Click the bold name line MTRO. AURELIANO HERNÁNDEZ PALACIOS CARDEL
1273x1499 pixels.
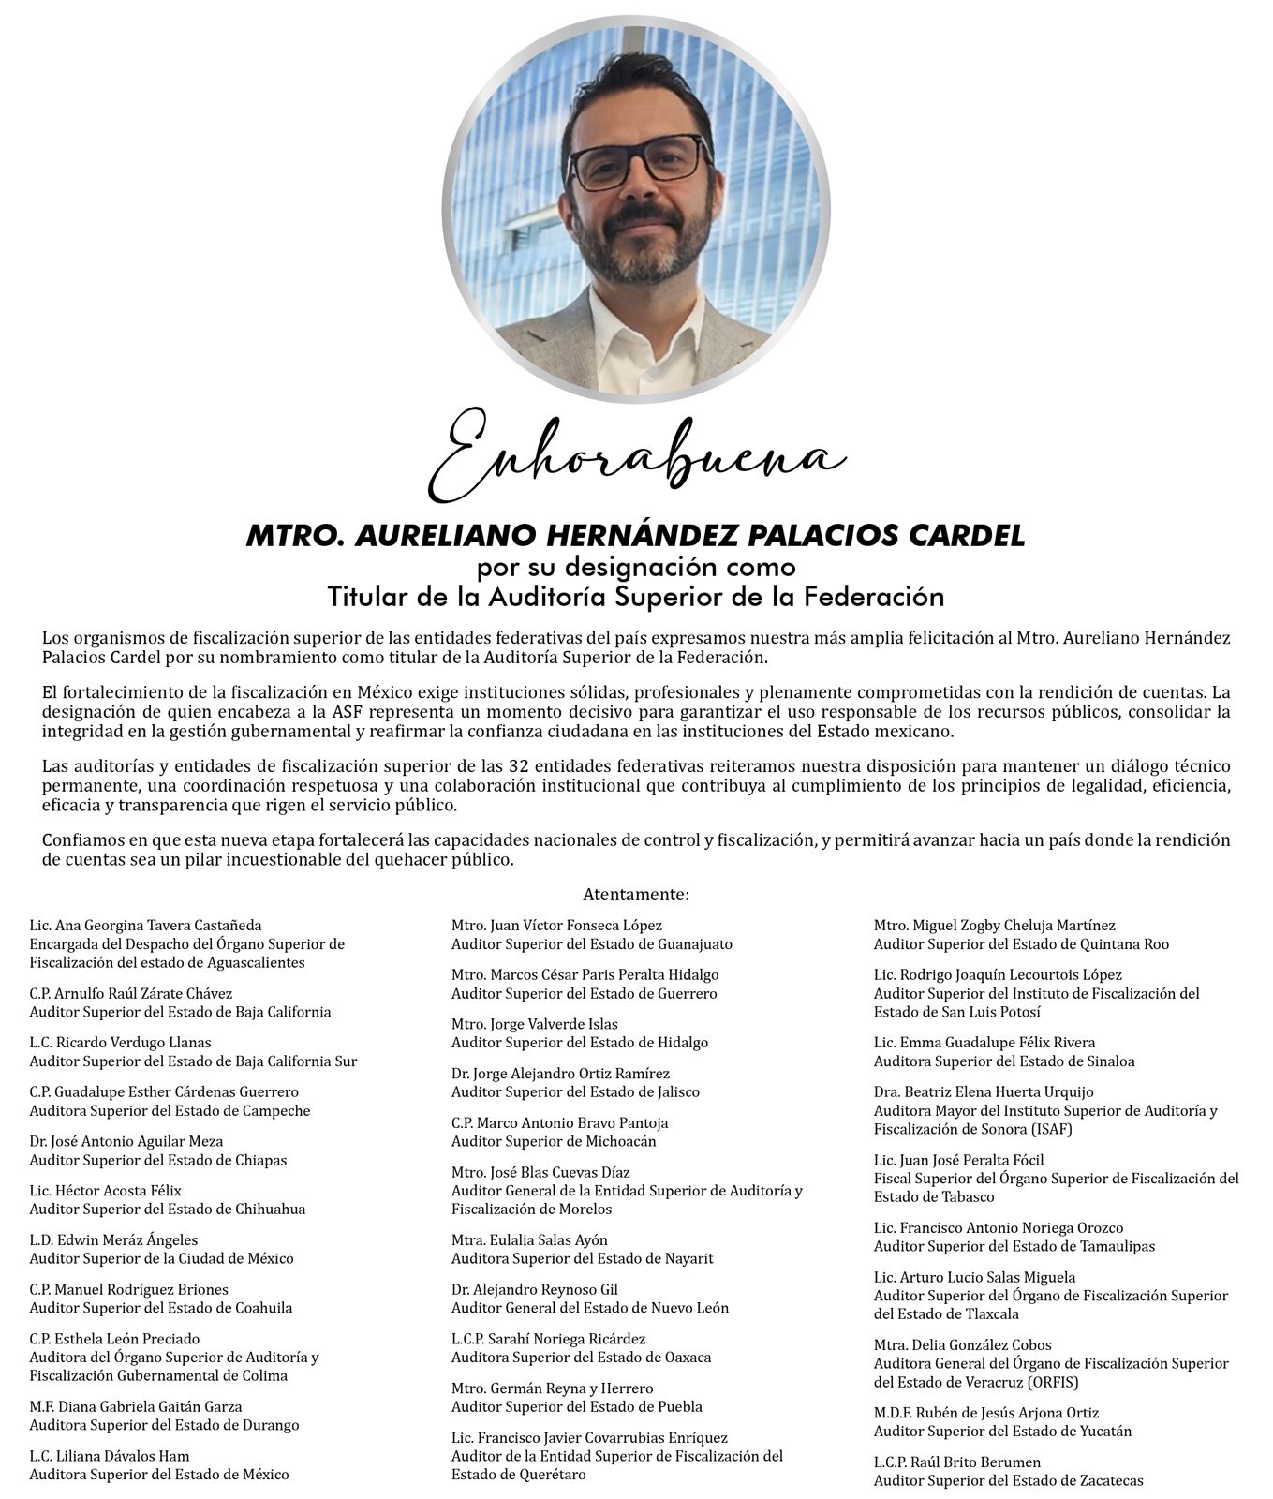click(635, 536)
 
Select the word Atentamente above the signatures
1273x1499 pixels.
click(635, 895)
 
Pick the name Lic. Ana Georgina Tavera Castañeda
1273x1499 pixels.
click(145, 926)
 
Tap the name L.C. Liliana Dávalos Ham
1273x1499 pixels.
click(110, 1456)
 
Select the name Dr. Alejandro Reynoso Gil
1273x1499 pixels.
click(534, 1290)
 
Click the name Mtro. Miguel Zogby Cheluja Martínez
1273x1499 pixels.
click(994, 926)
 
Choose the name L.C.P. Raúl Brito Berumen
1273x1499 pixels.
click(956, 1462)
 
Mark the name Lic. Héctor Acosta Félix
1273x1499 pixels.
click(105, 1191)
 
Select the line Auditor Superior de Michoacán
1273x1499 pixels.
click(554, 1141)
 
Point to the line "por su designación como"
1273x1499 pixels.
click(635, 568)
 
